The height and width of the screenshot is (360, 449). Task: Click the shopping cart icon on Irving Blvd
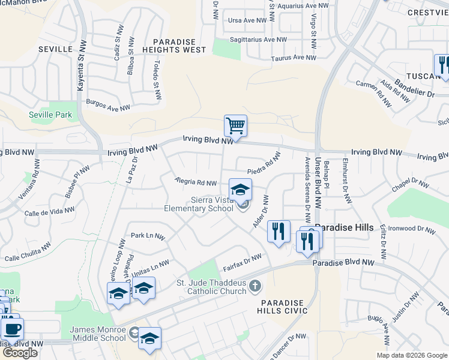(x=235, y=127)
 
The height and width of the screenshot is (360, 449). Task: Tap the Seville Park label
(x=50, y=115)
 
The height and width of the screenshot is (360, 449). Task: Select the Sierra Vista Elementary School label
(x=199, y=204)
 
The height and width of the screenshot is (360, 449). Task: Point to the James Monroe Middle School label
(x=98, y=334)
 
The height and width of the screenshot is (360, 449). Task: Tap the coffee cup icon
(x=12, y=328)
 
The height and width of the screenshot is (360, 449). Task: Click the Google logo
(x=20, y=353)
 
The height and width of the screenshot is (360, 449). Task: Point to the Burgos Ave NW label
(x=108, y=106)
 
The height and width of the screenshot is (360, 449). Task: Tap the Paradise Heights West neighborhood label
(x=174, y=45)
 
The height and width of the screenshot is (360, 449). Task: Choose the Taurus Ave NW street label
(x=293, y=58)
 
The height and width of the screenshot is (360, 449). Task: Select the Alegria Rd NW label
(x=196, y=182)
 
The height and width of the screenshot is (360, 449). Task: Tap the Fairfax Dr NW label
(x=243, y=262)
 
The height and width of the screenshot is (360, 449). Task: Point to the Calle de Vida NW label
(x=49, y=212)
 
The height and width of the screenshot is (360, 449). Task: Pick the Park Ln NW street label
(x=148, y=236)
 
